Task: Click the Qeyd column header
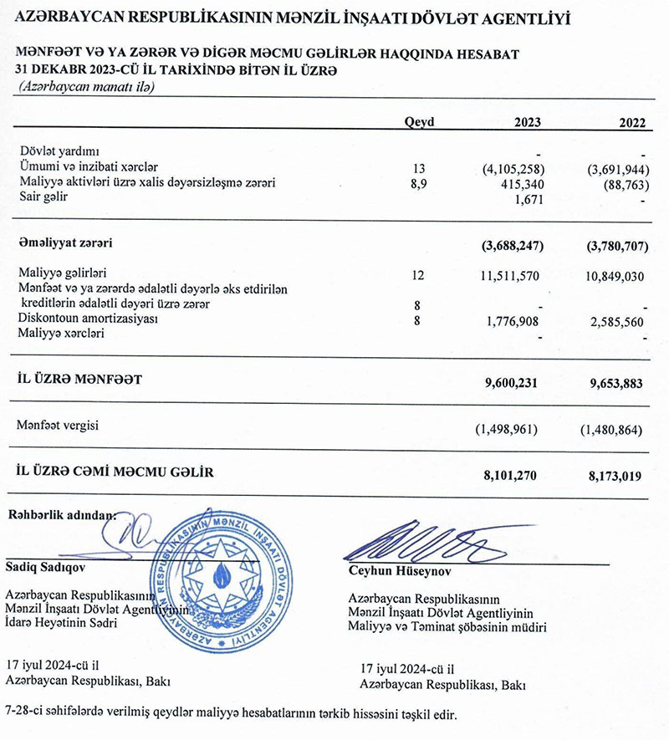pyautogui.click(x=419, y=122)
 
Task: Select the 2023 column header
pyautogui.click(x=528, y=122)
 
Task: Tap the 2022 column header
pyautogui.click(x=633, y=122)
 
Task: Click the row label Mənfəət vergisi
pyautogui.click(x=57, y=426)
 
